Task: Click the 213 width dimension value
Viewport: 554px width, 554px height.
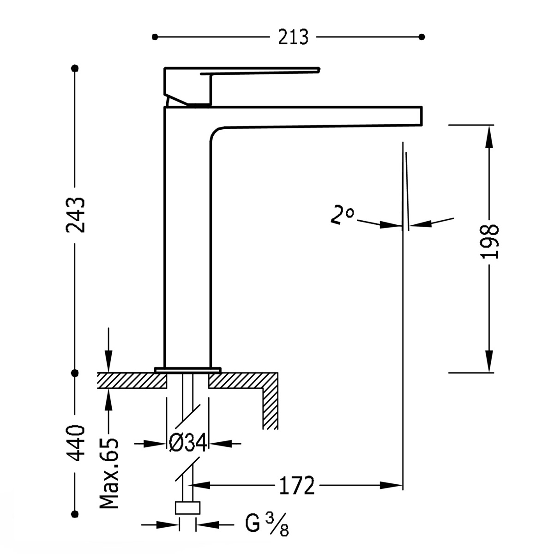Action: [x=293, y=37]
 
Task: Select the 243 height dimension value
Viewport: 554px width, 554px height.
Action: [x=75, y=215]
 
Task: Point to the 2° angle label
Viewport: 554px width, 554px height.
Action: [x=342, y=216]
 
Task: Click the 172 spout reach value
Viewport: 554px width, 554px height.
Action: [x=296, y=485]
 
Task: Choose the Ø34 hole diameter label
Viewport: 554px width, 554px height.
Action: [x=188, y=444]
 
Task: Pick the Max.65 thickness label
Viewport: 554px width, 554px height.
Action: [x=109, y=474]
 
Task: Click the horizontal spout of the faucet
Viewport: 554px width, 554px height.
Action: [x=319, y=115]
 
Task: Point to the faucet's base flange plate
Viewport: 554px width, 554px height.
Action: [x=187, y=370]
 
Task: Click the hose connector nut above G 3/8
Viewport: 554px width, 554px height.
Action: [x=188, y=508]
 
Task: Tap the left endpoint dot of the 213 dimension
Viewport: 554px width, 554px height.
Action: [x=155, y=37]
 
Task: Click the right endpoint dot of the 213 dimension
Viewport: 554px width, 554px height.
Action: [x=421, y=37]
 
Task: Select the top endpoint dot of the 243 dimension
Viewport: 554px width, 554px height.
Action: [x=75, y=68]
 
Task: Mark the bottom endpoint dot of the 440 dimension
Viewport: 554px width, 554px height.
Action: [x=75, y=513]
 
